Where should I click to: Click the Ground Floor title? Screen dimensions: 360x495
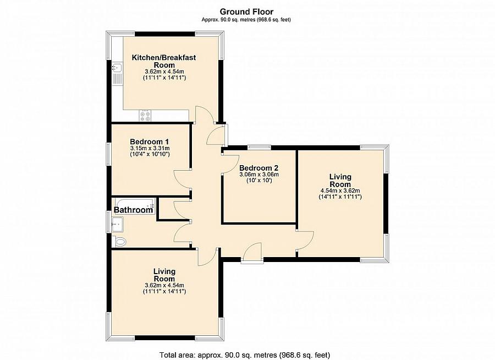[x=246, y=11]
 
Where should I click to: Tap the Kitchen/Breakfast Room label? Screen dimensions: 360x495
[x=164, y=61]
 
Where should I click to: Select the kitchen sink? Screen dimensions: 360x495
[x=117, y=69]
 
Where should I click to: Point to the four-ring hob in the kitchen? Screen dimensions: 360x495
[x=146, y=115]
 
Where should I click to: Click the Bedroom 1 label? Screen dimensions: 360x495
[x=150, y=141]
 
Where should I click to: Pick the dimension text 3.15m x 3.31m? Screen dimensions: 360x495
[x=150, y=148]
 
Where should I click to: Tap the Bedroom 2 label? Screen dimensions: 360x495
[x=258, y=168]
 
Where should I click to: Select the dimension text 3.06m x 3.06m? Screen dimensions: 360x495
[x=258, y=174]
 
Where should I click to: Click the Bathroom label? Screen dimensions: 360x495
[x=133, y=210]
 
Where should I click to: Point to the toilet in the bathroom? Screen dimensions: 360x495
[x=120, y=241]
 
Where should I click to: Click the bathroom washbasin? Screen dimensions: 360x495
[x=117, y=223]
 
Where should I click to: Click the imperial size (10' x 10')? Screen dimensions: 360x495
[x=258, y=181]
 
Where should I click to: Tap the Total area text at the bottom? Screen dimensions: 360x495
[x=245, y=354]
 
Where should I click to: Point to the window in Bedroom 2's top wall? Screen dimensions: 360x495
[x=258, y=147]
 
